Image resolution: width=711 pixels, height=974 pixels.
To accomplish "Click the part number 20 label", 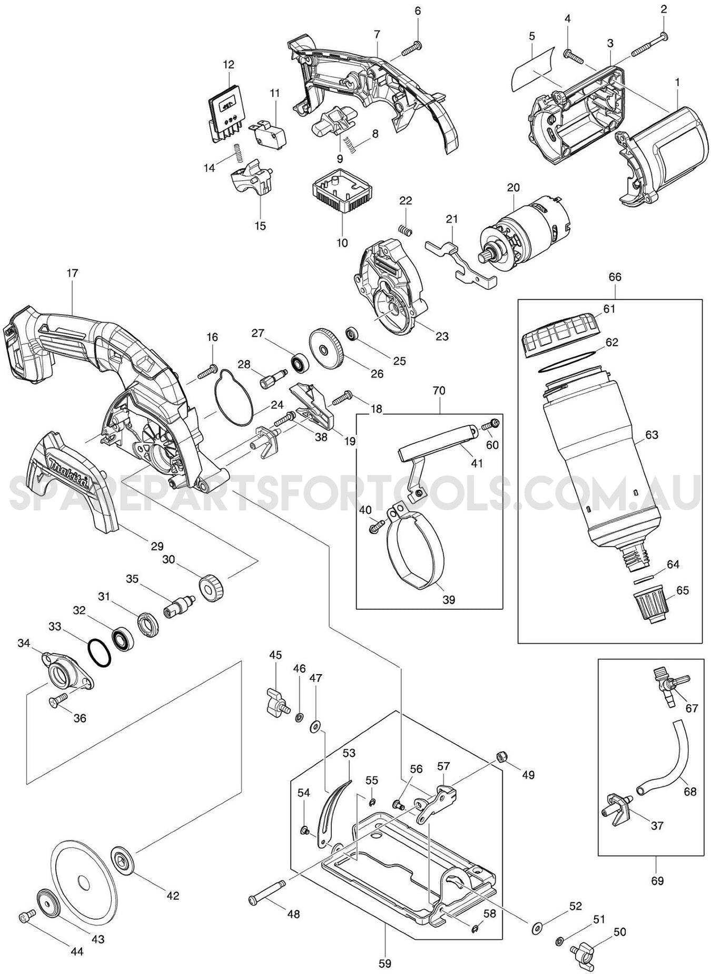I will [513, 188].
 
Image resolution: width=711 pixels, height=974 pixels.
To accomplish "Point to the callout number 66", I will [615, 277].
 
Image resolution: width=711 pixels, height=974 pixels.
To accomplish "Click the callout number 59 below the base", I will [385, 963].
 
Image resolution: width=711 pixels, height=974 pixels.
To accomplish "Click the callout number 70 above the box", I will [439, 391].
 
